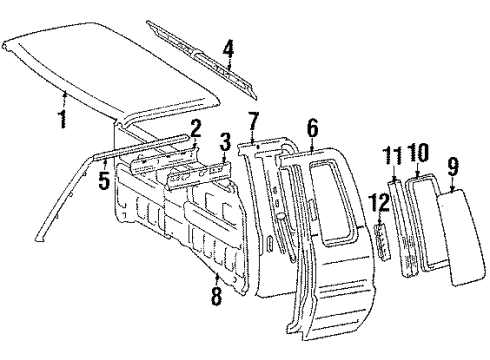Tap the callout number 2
point(196,127)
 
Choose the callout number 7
point(254,123)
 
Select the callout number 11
point(392,155)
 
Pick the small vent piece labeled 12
point(381,240)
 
